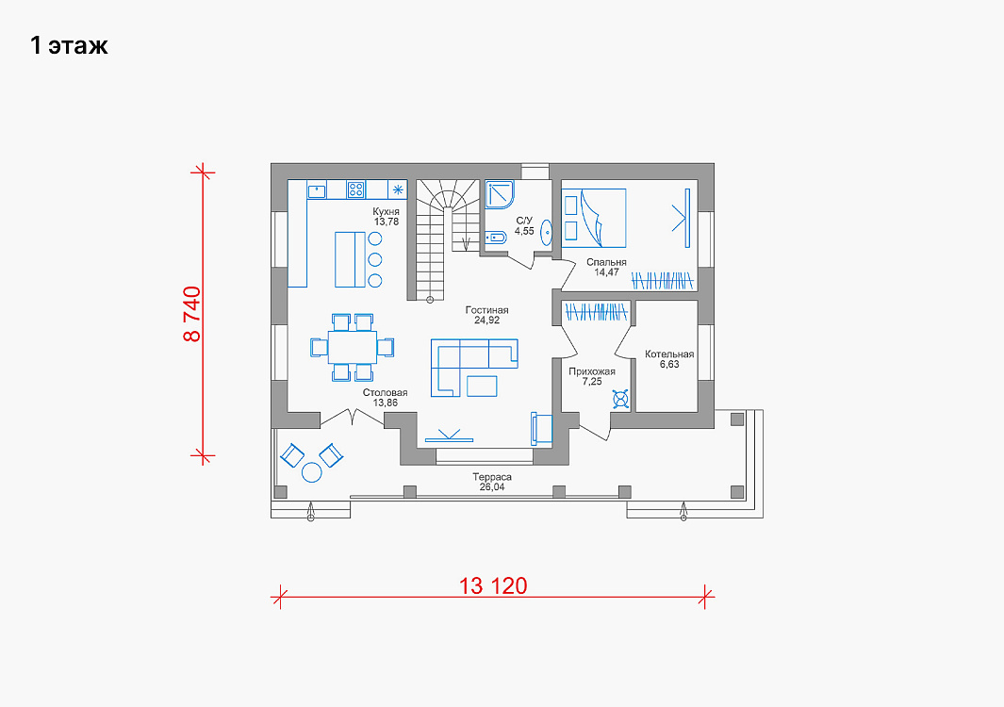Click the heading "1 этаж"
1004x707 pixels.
pyautogui.click(x=69, y=45)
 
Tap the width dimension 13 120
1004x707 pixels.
pyautogui.click(x=493, y=586)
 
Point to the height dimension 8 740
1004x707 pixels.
pyautogui.click(x=192, y=314)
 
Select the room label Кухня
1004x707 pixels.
pyautogui.click(x=387, y=211)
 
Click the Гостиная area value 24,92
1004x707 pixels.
pyautogui.click(x=486, y=321)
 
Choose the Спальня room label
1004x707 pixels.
pyautogui.click(x=606, y=262)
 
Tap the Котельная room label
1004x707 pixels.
pyautogui.click(x=669, y=354)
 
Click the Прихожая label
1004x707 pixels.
pyautogui.click(x=592, y=371)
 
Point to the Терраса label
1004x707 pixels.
pyautogui.click(x=492, y=477)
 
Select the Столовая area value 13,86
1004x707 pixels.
pyautogui.click(x=386, y=403)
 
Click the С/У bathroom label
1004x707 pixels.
pyautogui.click(x=524, y=221)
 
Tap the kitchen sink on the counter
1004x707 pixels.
pyautogui.click(x=317, y=190)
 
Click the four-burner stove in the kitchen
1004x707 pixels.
pyautogui.click(x=356, y=189)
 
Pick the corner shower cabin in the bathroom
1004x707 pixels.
pyautogui.click(x=500, y=195)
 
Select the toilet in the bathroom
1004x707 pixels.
pyautogui.click(x=495, y=238)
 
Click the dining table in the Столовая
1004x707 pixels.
pyautogui.click(x=353, y=347)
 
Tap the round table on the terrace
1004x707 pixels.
pyautogui.click(x=312, y=472)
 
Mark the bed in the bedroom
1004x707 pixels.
pyautogui.click(x=594, y=218)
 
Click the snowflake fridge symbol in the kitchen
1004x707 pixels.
pyautogui.click(x=398, y=189)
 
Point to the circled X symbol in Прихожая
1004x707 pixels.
pyautogui.click(x=620, y=399)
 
